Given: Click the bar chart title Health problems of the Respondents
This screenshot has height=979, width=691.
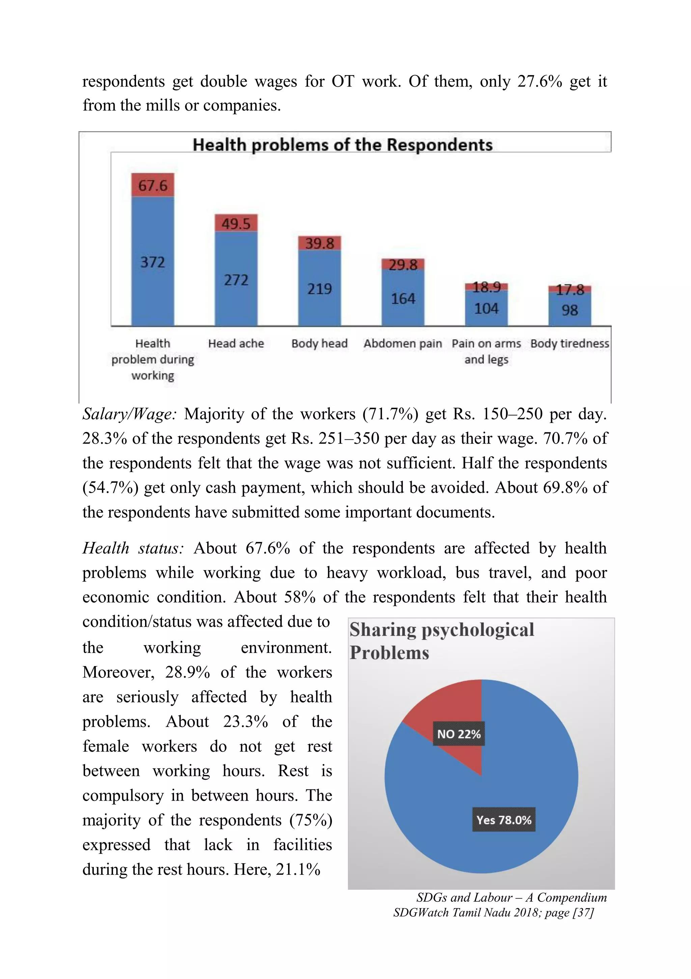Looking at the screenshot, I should [342, 145].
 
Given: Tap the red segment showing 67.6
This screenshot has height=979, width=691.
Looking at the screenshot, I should [153, 185].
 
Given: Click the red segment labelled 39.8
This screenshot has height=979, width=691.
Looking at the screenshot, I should [320, 243].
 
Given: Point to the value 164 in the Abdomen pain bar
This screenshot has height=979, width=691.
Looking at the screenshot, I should [403, 298].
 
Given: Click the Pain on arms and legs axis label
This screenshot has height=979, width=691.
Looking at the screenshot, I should [486, 351].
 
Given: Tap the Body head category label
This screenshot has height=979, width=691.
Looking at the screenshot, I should [320, 344].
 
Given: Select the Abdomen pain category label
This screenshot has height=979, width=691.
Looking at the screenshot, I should [403, 344].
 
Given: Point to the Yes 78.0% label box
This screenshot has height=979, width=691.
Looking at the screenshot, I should [504, 819].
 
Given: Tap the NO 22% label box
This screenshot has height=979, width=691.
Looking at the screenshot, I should [459, 734].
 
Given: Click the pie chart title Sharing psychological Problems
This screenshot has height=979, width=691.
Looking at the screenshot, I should [441, 641].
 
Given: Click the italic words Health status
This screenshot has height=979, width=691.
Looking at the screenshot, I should [133, 548].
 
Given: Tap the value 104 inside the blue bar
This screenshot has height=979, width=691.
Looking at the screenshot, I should [486, 308].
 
